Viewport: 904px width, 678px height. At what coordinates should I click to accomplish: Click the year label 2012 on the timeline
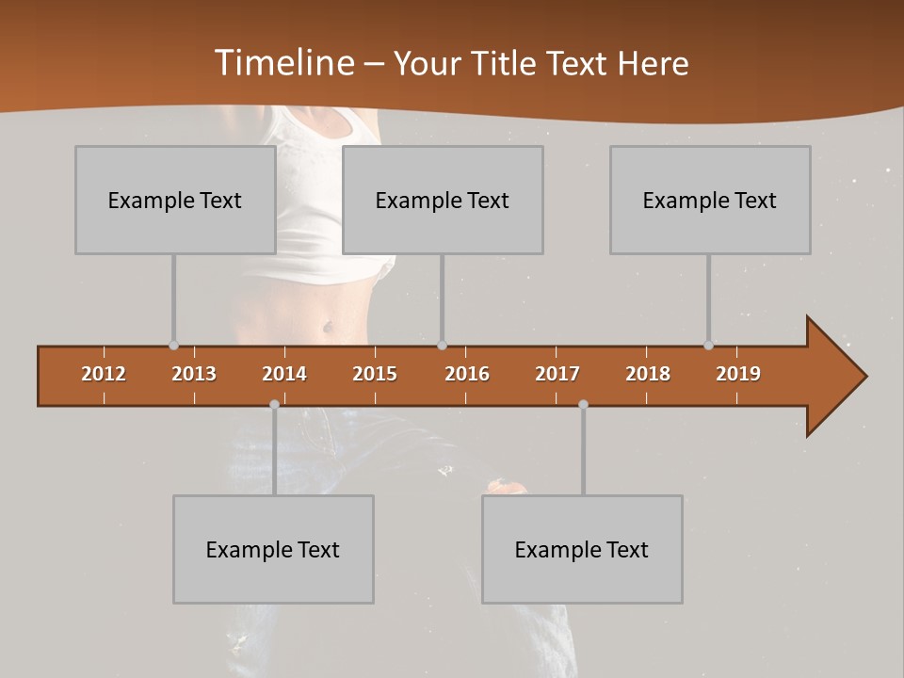pyautogui.click(x=104, y=374)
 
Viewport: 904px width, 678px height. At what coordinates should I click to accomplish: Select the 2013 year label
pyautogui.click(x=194, y=374)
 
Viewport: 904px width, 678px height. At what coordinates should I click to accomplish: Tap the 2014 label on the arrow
pyautogui.click(x=284, y=374)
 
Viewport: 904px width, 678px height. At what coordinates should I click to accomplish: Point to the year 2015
pyautogui.click(x=375, y=374)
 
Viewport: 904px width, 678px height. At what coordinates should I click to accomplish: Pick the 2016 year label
pyautogui.click(x=467, y=374)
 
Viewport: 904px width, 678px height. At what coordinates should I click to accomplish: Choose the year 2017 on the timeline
pyautogui.click(x=557, y=374)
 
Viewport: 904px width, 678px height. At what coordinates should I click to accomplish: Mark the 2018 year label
pyautogui.click(x=648, y=374)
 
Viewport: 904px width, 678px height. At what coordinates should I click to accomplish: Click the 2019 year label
pyautogui.click(x=738, y=374)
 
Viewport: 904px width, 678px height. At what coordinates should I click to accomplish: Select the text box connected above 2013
pyautogui.click(x=175, y=200)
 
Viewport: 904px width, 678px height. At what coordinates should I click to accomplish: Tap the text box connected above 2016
pyautogui.click(x=443, y=200)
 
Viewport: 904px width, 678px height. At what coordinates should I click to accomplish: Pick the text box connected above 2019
pyautogui.click(x=710, y=200)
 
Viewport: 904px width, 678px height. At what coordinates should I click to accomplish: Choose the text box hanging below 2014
pyautogui.click(x=273, y=549)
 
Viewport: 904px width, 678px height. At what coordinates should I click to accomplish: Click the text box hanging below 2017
pyautogui.click(x=582, y=549)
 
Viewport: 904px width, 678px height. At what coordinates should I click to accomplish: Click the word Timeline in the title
pyautogui.click(x=282, y=63)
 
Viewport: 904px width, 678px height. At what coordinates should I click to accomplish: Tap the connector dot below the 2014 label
pyautogui.click(x=274, y=404)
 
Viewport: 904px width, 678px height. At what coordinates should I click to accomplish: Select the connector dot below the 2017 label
pyautogui.click(x=583, y=404)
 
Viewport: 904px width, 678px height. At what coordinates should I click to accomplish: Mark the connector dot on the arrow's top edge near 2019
pyautogui.click(x=708, y=346)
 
